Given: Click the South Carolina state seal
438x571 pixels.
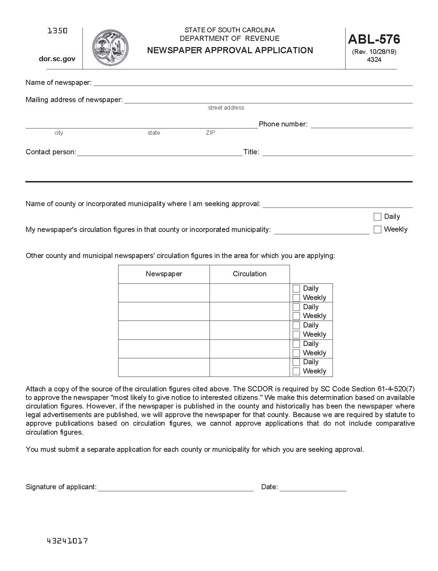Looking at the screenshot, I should click(110, 47).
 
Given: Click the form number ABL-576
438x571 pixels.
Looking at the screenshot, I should click(374, 39).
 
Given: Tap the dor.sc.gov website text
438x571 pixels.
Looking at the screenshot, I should click(57, 59).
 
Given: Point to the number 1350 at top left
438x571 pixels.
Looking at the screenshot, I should click(57, 31).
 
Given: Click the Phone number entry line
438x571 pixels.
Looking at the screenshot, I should click(361, 125).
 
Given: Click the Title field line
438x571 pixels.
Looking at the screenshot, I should click(337, 153).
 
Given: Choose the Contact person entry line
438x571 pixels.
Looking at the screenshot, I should click(160, 153).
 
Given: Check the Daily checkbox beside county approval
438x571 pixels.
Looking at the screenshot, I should click(378, 217).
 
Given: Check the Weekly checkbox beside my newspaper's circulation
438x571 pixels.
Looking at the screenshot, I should click(378, 229).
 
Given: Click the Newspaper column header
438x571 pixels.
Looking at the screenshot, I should click(164, 274).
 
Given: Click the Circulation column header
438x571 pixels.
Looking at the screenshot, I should click(249, 274).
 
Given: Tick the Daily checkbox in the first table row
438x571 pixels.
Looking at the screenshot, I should click(296, 289).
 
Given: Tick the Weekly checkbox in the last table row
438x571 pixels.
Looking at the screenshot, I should click(296, 371).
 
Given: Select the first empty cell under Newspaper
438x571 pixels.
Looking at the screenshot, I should click(164, 293).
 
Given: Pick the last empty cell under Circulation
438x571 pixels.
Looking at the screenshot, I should click(249, 367).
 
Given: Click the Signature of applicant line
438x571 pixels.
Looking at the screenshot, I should click(176, 488).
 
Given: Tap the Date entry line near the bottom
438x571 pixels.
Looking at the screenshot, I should click(313, 488).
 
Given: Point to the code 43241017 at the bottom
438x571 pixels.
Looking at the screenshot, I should click(67, 541).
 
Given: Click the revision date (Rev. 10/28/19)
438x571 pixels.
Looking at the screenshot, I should click(374, 52).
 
